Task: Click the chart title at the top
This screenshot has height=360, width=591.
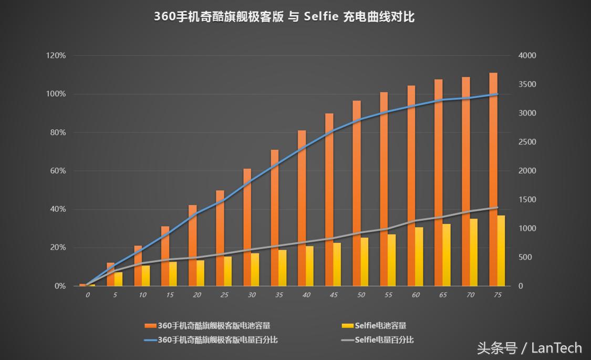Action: click(x=284, y=17)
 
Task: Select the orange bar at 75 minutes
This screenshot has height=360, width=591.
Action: click(x=493, y=179)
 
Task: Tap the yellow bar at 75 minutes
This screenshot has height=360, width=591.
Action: click(x=501, y=250)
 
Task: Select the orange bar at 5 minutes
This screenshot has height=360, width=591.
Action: click(x=111, y=274)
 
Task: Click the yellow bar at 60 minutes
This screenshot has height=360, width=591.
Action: click(x=419, y=256)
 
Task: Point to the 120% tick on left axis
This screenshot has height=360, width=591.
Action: click(x=56, y=56)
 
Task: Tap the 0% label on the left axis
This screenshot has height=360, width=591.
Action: click(x=60, y=286)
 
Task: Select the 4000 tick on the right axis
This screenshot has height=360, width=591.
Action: click(x=527, y=56)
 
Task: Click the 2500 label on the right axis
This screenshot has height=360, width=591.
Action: click(x=527, y=142)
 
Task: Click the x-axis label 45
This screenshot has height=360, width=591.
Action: click(x=334, y=295)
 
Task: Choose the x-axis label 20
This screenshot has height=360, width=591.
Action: click(x=197, y=295)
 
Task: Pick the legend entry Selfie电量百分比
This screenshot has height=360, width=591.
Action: click(x=377, y=340)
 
